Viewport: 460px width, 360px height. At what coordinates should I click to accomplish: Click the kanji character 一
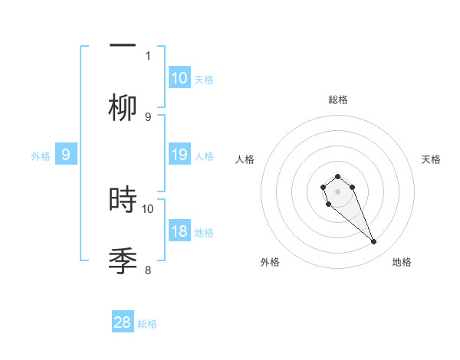(x=123, y=45)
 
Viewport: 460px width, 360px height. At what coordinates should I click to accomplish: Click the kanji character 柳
(x=123, y=108)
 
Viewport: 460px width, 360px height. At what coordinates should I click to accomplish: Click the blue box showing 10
(x=179, y=77)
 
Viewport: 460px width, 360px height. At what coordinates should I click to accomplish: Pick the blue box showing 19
(x=179, y=155)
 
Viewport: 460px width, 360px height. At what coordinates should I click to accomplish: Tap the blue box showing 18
(x=179, y=231)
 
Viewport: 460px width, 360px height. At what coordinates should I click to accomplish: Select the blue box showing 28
(x=123, y=322)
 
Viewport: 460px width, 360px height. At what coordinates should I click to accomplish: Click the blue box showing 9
(x=66, y=155)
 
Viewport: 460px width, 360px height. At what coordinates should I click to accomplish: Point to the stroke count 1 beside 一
(x=148, y=55)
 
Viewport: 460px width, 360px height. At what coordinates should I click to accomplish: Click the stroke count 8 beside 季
(x=148, y=270)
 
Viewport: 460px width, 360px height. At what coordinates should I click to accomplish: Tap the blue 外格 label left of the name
(x=41, y=155)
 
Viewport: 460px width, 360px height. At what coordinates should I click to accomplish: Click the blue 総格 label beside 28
(x=148, y=324)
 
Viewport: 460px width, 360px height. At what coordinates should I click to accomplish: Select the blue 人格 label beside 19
(x=204, y=155)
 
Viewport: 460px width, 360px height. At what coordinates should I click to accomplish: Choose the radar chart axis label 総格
(x=337, y=100)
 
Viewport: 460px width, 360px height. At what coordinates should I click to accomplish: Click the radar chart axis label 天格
(x=431, y=159)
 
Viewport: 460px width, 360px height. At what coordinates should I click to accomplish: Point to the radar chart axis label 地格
(x=402, y=262)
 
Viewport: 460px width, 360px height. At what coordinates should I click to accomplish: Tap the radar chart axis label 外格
(x=270, y=262)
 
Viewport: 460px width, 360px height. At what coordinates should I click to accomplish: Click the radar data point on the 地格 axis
(x=374, y=242)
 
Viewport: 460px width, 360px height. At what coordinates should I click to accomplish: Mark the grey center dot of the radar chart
(x=337, y=191)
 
